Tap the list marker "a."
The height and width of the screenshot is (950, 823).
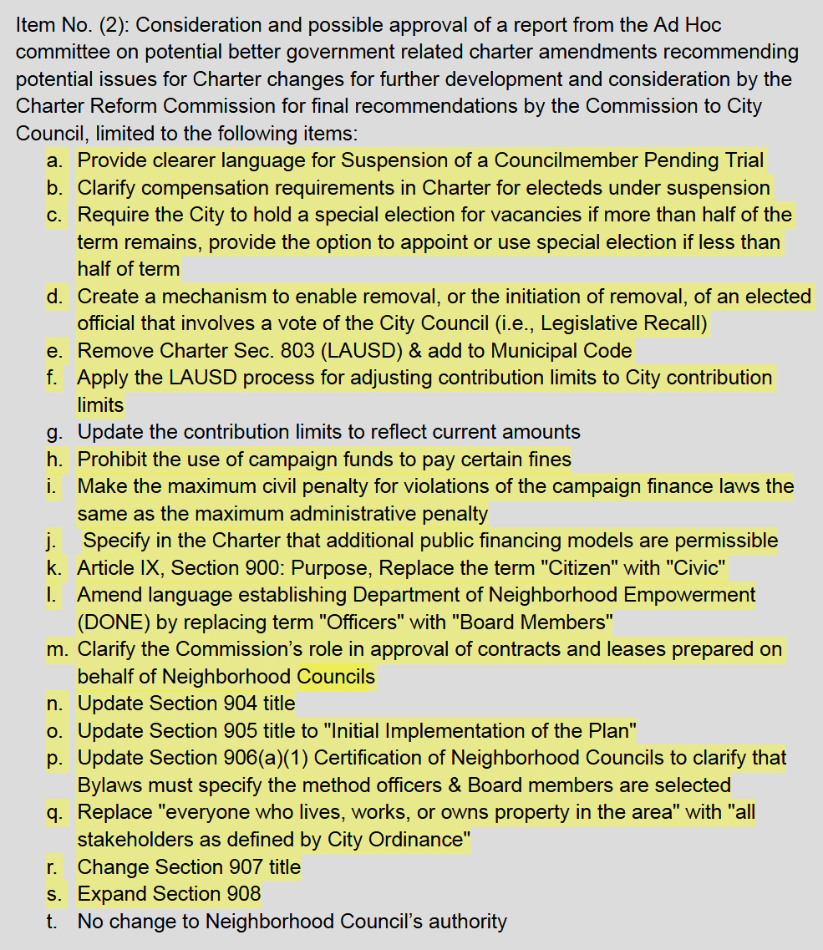coord(55,160)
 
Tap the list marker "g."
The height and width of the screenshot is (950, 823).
coord(55,432)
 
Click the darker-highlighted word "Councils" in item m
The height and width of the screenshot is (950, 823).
coord(336,677)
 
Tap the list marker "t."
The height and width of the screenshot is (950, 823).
coord(54,922)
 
